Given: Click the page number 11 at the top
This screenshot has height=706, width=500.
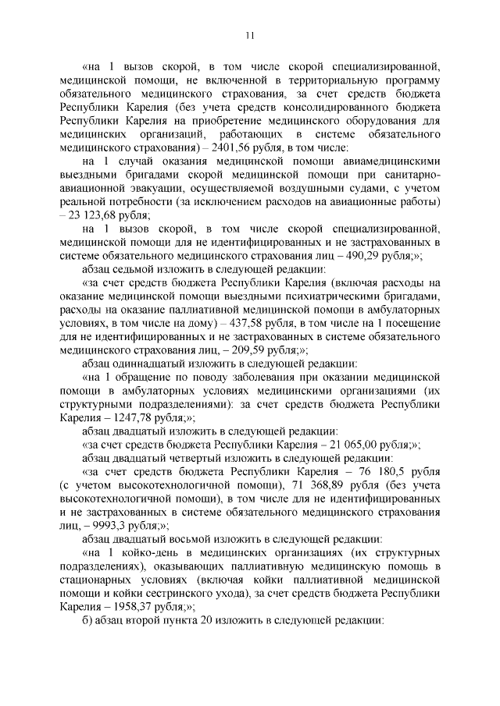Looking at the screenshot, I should (250, 34).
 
